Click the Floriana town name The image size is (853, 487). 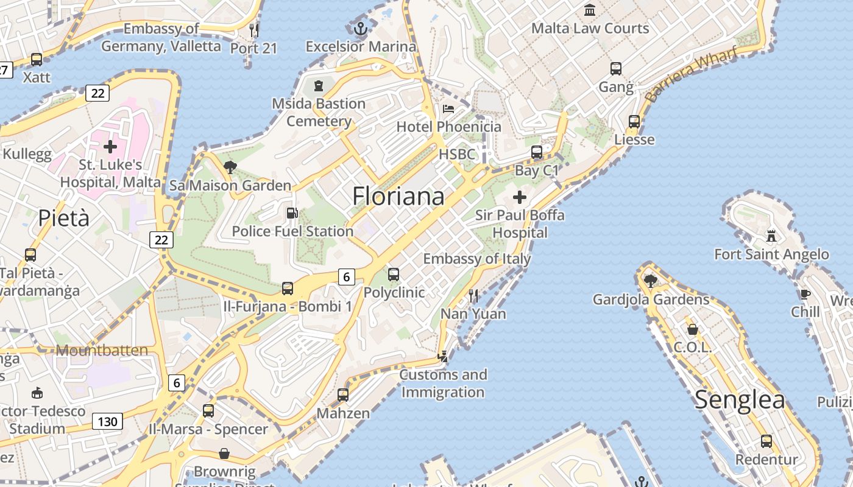(x=398, y=196)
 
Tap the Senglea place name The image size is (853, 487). (x=740, y=400)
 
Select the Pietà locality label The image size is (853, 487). (x=64, y=218)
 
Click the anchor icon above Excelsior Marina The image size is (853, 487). (x=361, y=28)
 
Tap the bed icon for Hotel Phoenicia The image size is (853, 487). (x=448, y=109)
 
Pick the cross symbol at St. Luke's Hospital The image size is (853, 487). (x=110, y=147)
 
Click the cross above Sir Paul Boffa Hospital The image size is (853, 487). (x=520, y=197)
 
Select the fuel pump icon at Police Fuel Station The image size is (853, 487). (x=292, y=213)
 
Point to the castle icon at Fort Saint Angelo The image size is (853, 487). (x=771, y=236)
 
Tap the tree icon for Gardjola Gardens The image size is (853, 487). (x=651, y=281)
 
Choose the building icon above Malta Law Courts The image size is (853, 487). (x=590, y=10)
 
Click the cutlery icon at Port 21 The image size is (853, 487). (x=254, y=30)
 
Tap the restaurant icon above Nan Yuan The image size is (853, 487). (x=473, y=296)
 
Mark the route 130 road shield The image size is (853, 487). (x=107, y=421)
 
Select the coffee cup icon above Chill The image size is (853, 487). (x=805, y=295)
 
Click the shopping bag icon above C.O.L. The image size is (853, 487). (x=693, y=329)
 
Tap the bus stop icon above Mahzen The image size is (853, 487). (x=343, y=394)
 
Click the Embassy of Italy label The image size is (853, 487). (x=477, y=259)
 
